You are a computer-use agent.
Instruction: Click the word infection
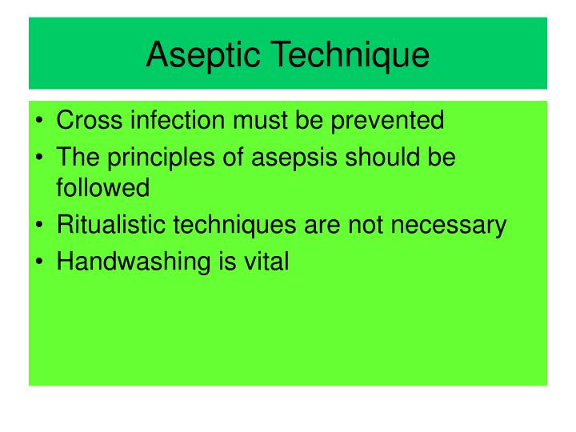click(176, 121)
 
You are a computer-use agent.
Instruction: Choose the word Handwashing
click(132, 262)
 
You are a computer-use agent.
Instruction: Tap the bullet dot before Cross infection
click(40, 122)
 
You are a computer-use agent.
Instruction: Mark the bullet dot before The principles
click(40, 157)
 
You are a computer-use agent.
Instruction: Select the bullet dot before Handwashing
click(40, 262)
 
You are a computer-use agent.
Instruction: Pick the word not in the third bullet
click(365, 226)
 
